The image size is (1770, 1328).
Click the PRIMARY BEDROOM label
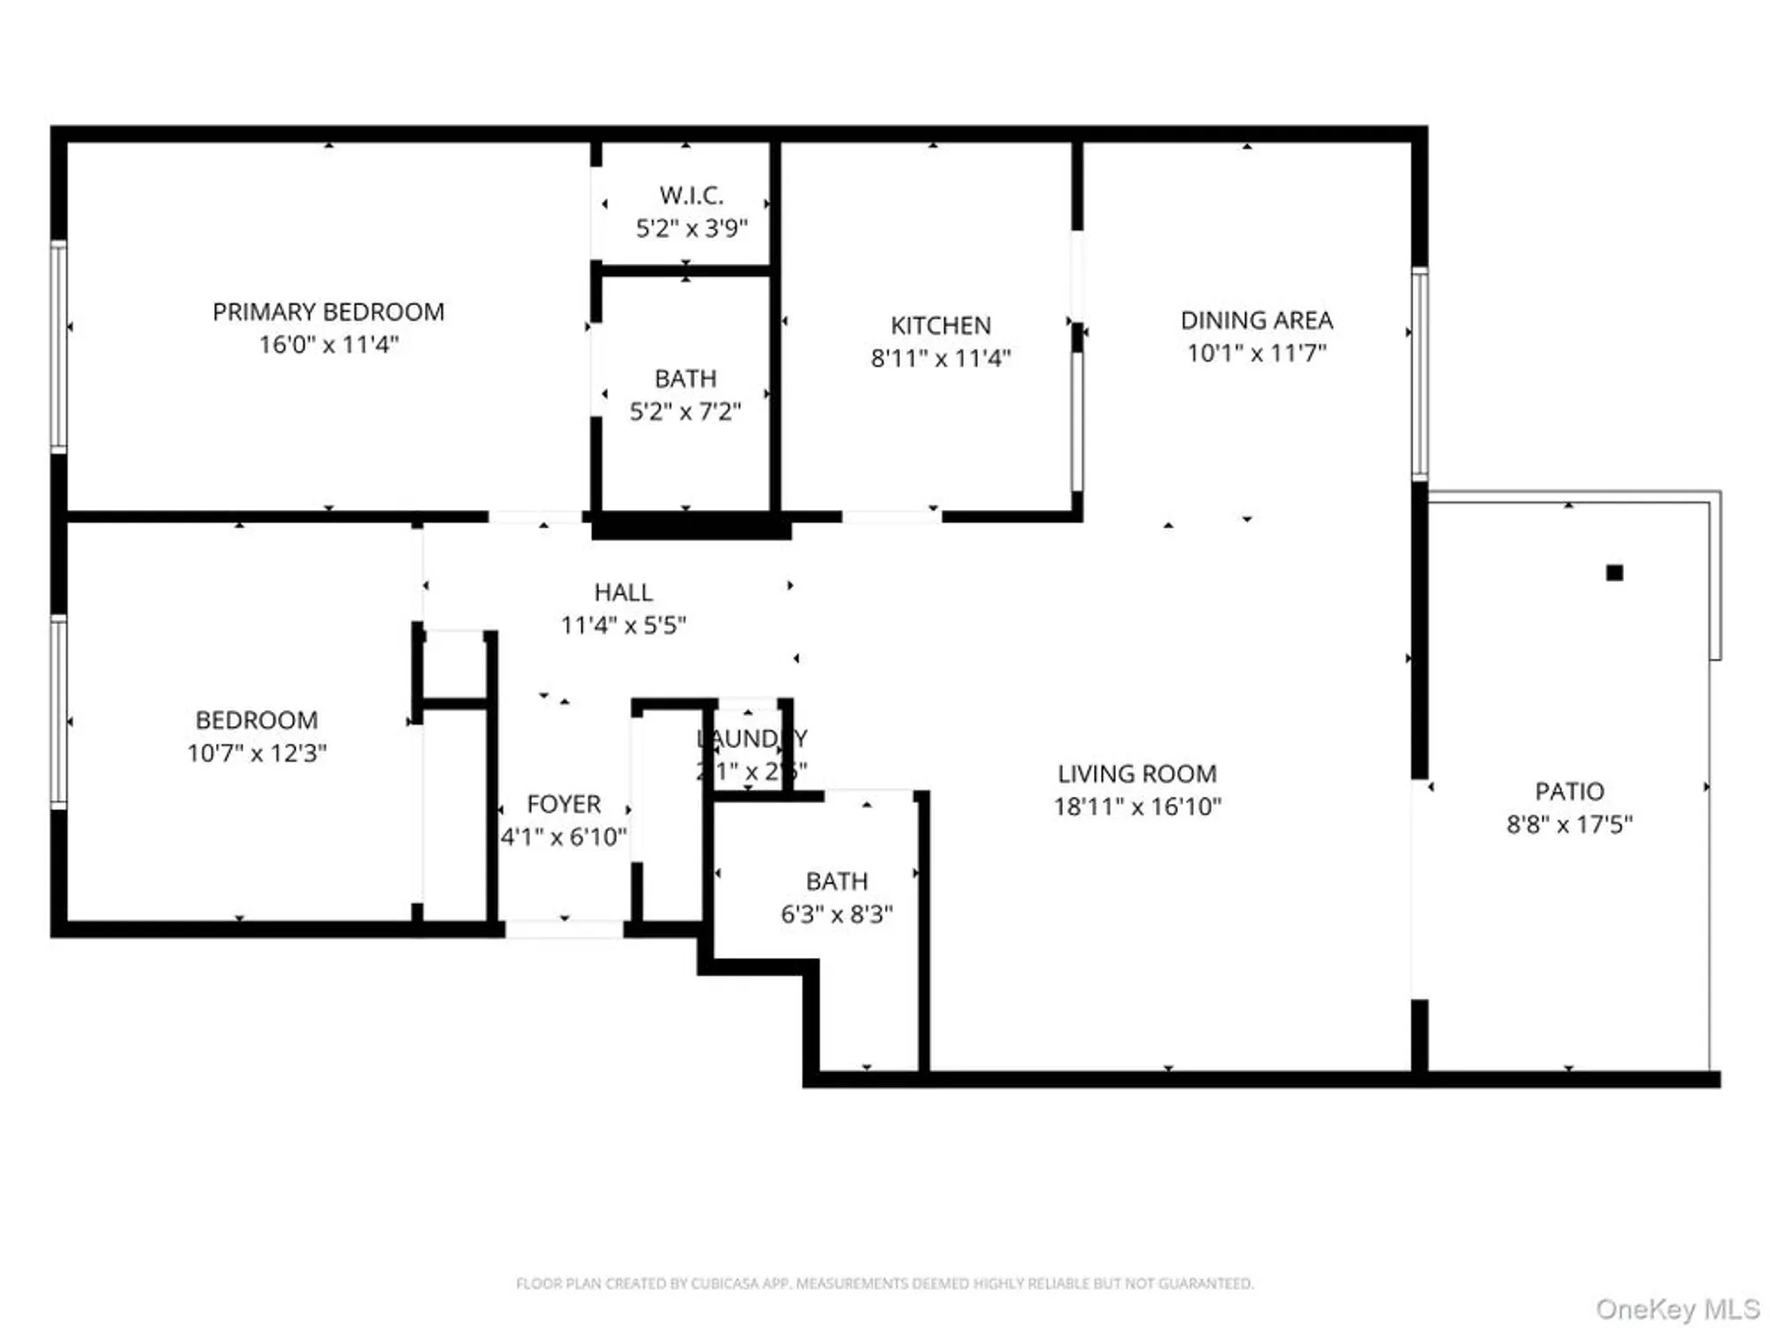coord(328,312)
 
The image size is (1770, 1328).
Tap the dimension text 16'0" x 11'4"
coord(328,344)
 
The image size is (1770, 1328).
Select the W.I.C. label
coord(691,195)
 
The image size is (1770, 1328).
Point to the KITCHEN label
coord(940,326)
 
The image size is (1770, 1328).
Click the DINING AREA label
coord(1256,320)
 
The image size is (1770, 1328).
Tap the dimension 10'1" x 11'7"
coord(1256,353)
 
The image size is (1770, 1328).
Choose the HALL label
coord(623,592)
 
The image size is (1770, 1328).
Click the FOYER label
coord(564,804)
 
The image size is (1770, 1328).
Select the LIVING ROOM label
coord(1137,774)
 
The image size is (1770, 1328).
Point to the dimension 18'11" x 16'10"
coord(1137,807)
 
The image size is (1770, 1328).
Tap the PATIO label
coord(1569,791)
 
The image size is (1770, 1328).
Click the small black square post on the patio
coord(1614,573)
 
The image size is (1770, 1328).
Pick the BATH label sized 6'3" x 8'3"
coord(836,881)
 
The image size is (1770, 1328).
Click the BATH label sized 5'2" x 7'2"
coord(685,379)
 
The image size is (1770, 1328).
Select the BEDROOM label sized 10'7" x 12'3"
coord(257,720)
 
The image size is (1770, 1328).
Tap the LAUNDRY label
coord(751,738)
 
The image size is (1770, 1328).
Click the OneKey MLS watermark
coord(1677,1309)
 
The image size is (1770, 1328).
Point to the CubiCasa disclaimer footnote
coord(884,1283)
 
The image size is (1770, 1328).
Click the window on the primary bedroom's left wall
coord(58,346)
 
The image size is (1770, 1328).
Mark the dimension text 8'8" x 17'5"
coord(1569,824)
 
